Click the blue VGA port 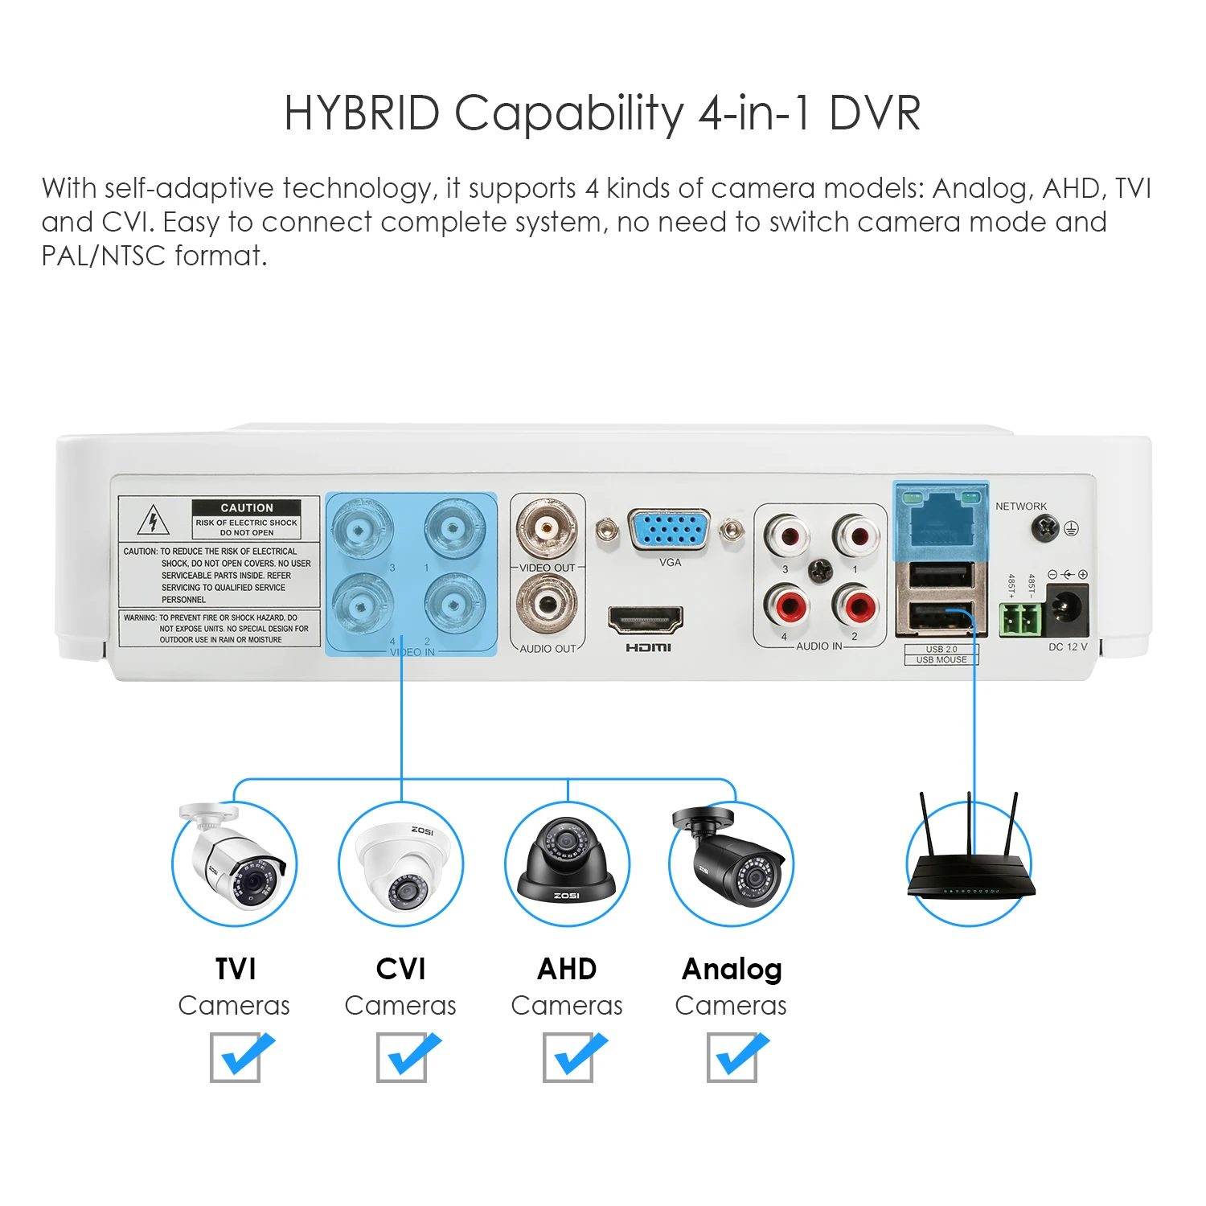[x=670, y=531]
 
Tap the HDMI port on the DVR [x=646, y=620]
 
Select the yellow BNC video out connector [x=547, y=528]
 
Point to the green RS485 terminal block [x=1019, y=619]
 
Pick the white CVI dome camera [x=400, y=864]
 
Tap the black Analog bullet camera [x=731, y=860]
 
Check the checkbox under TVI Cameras [x=236, y=1056]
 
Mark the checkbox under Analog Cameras [x=732, y=1056]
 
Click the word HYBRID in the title [x=362, y=113]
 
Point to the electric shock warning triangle [x=153, y=521]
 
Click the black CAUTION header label [x=246, y=507]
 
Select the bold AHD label [x=567, y=969]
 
